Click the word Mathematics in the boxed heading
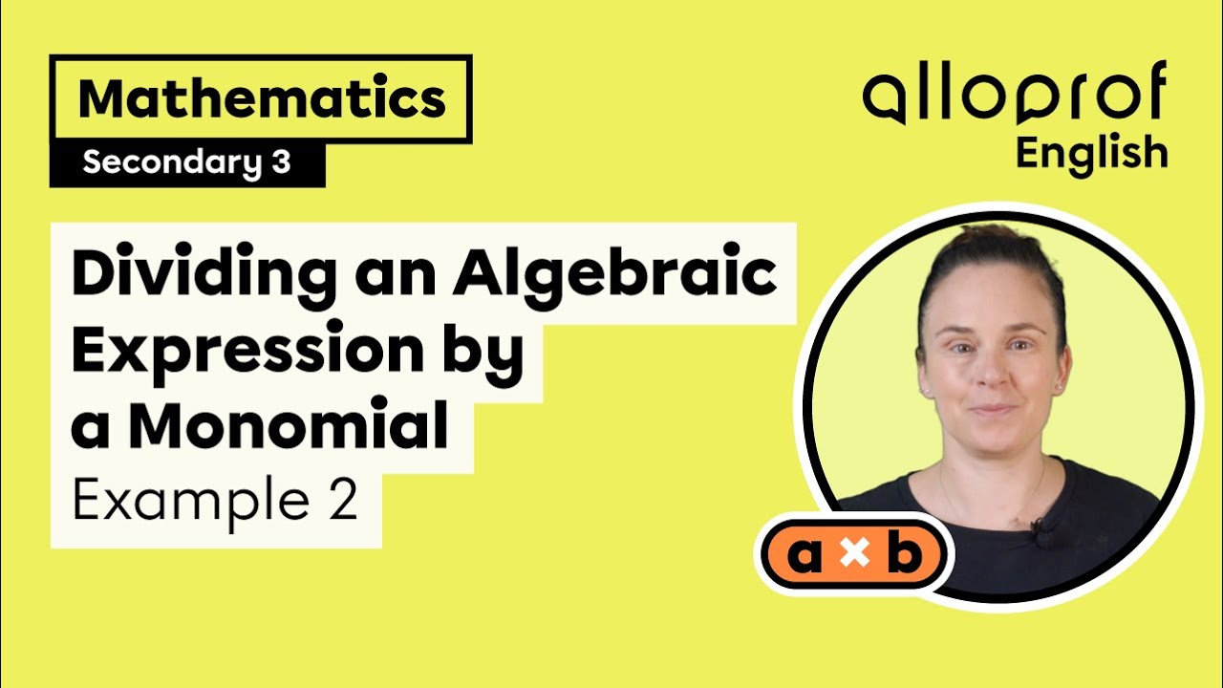coord(262,99)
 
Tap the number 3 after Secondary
coord(279,163)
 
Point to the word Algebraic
coord(615,276)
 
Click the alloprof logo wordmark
coord(1015,96)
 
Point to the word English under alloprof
coord(1091,153)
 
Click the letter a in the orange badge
coord(805,556)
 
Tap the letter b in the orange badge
coord(904,556)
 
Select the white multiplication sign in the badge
coord(854,557)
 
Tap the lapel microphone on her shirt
coord(1037,527)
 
